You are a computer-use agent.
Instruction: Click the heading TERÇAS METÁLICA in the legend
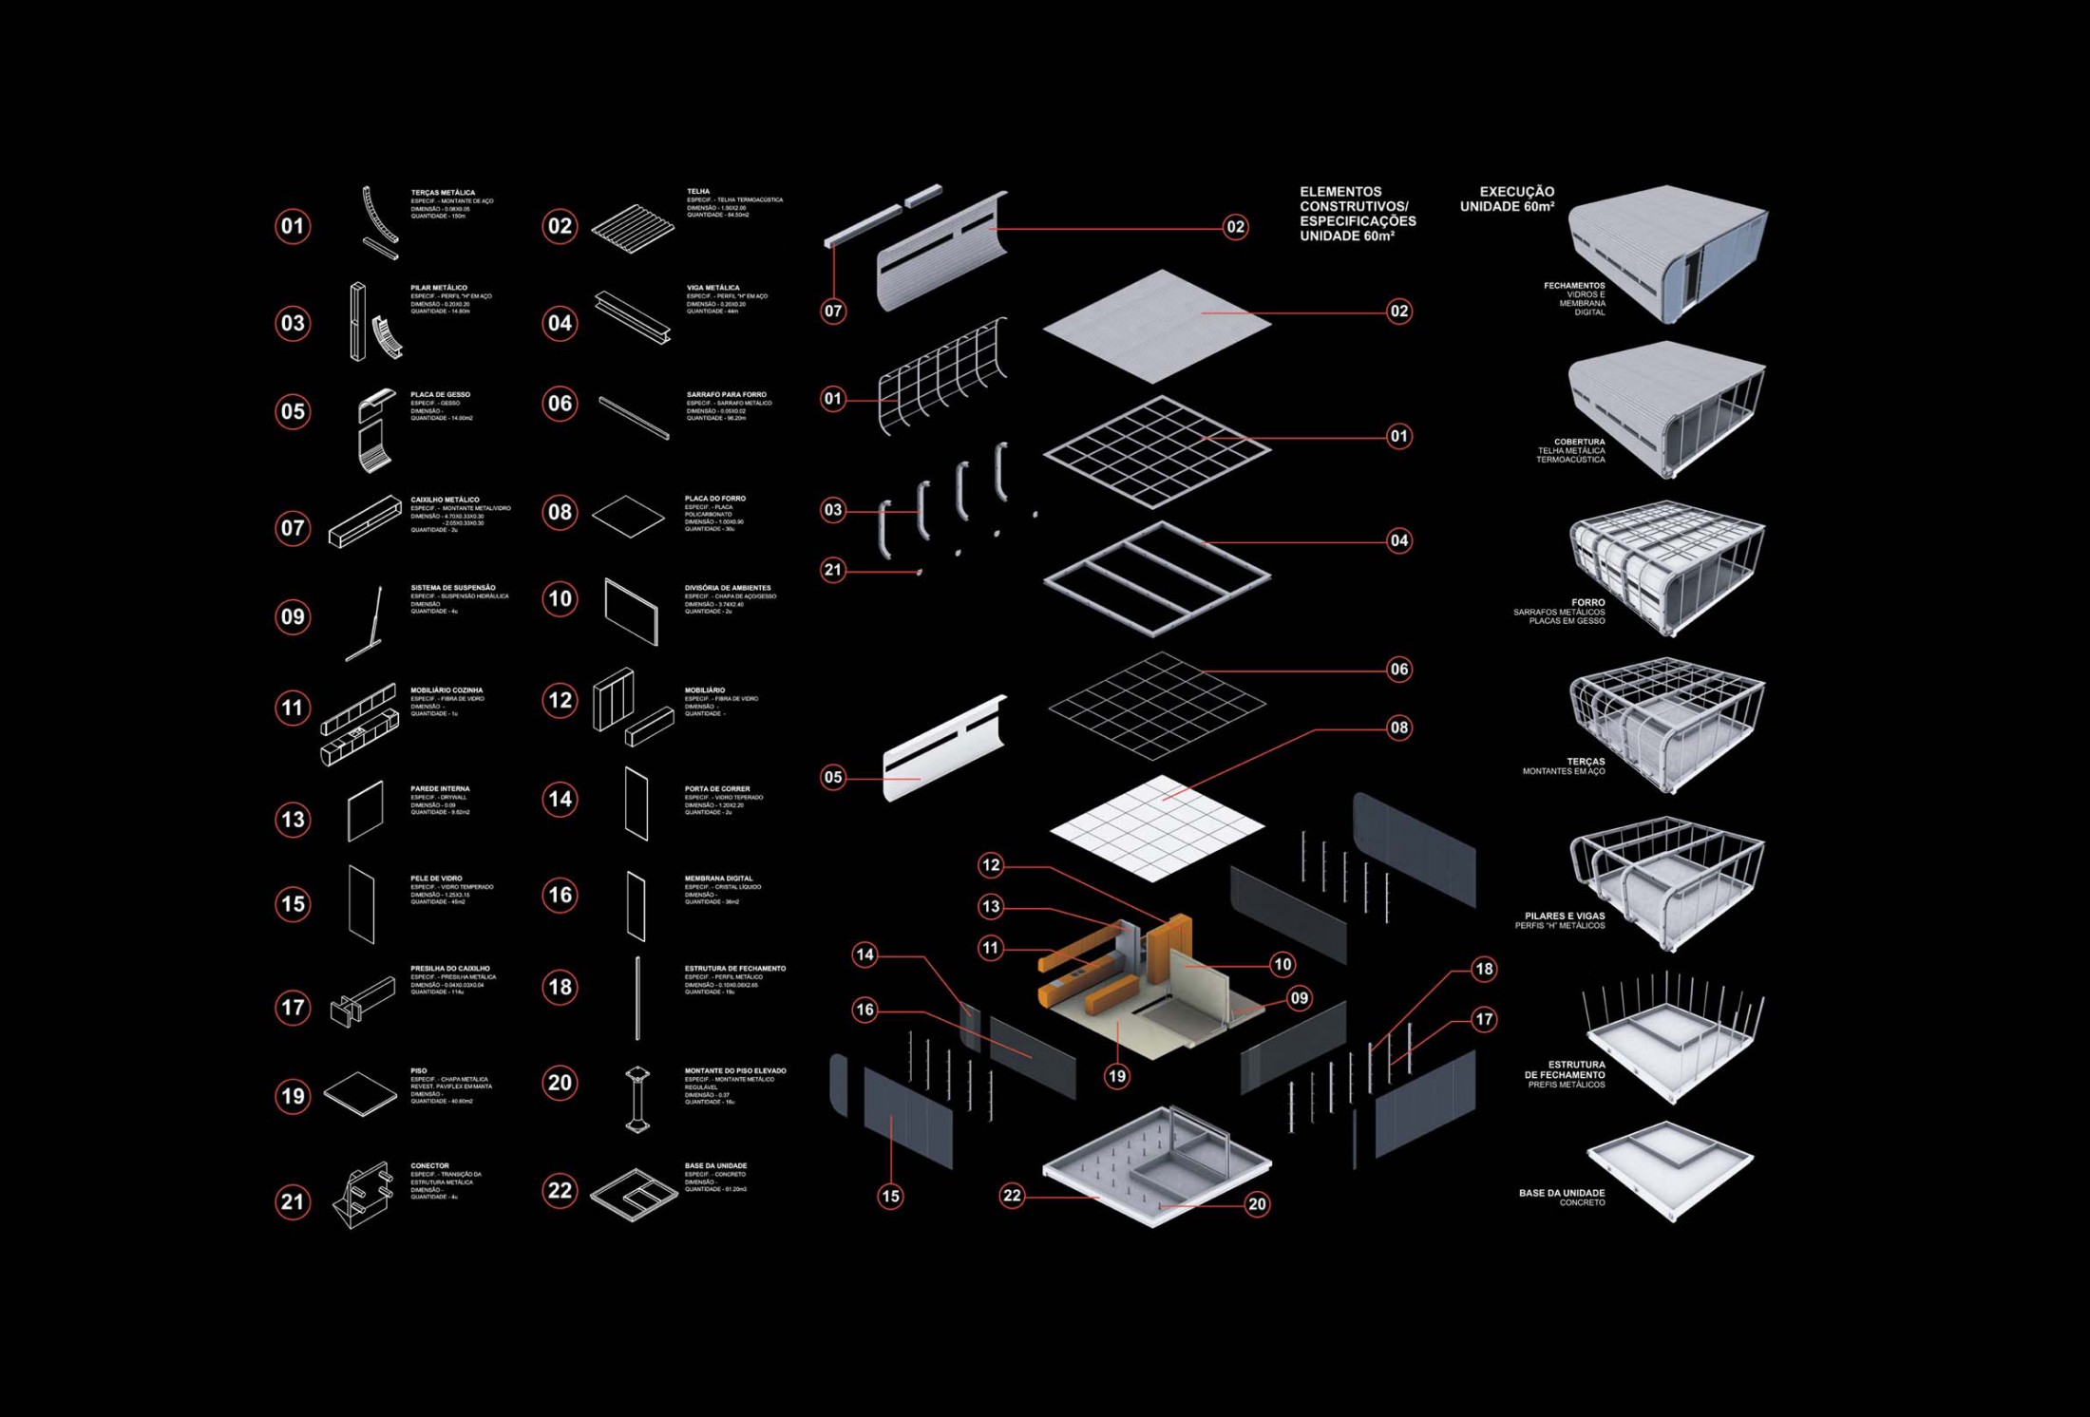(443, 193)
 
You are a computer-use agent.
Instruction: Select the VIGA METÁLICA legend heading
(712, 288)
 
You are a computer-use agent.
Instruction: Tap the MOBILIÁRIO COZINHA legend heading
(446, 690)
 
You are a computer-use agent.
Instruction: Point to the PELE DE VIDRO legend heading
(436, 879)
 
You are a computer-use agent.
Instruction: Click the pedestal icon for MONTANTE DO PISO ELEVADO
(637, 1099)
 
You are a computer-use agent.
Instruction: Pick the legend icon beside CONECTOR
(363, 1196)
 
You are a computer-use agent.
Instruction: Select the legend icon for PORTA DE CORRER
(636, 804)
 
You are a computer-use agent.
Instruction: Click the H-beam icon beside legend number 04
(633, 316)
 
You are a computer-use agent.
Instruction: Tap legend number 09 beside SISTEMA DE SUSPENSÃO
(293, 617)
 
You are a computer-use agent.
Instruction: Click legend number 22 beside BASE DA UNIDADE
(560, 1191)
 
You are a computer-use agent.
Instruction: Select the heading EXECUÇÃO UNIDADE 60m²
(1508, 198)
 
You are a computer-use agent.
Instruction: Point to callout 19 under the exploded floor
(1117, 1076)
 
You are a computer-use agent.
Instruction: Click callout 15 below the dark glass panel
(890, 1197)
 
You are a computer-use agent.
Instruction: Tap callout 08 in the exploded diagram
(1399, 728)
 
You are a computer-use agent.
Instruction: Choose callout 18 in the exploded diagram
(1484, 969)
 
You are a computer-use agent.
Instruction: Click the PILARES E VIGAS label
(1564, 916)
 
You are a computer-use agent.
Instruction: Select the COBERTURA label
(1579, 442)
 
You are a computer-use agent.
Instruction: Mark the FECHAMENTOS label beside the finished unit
(1574, 286)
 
